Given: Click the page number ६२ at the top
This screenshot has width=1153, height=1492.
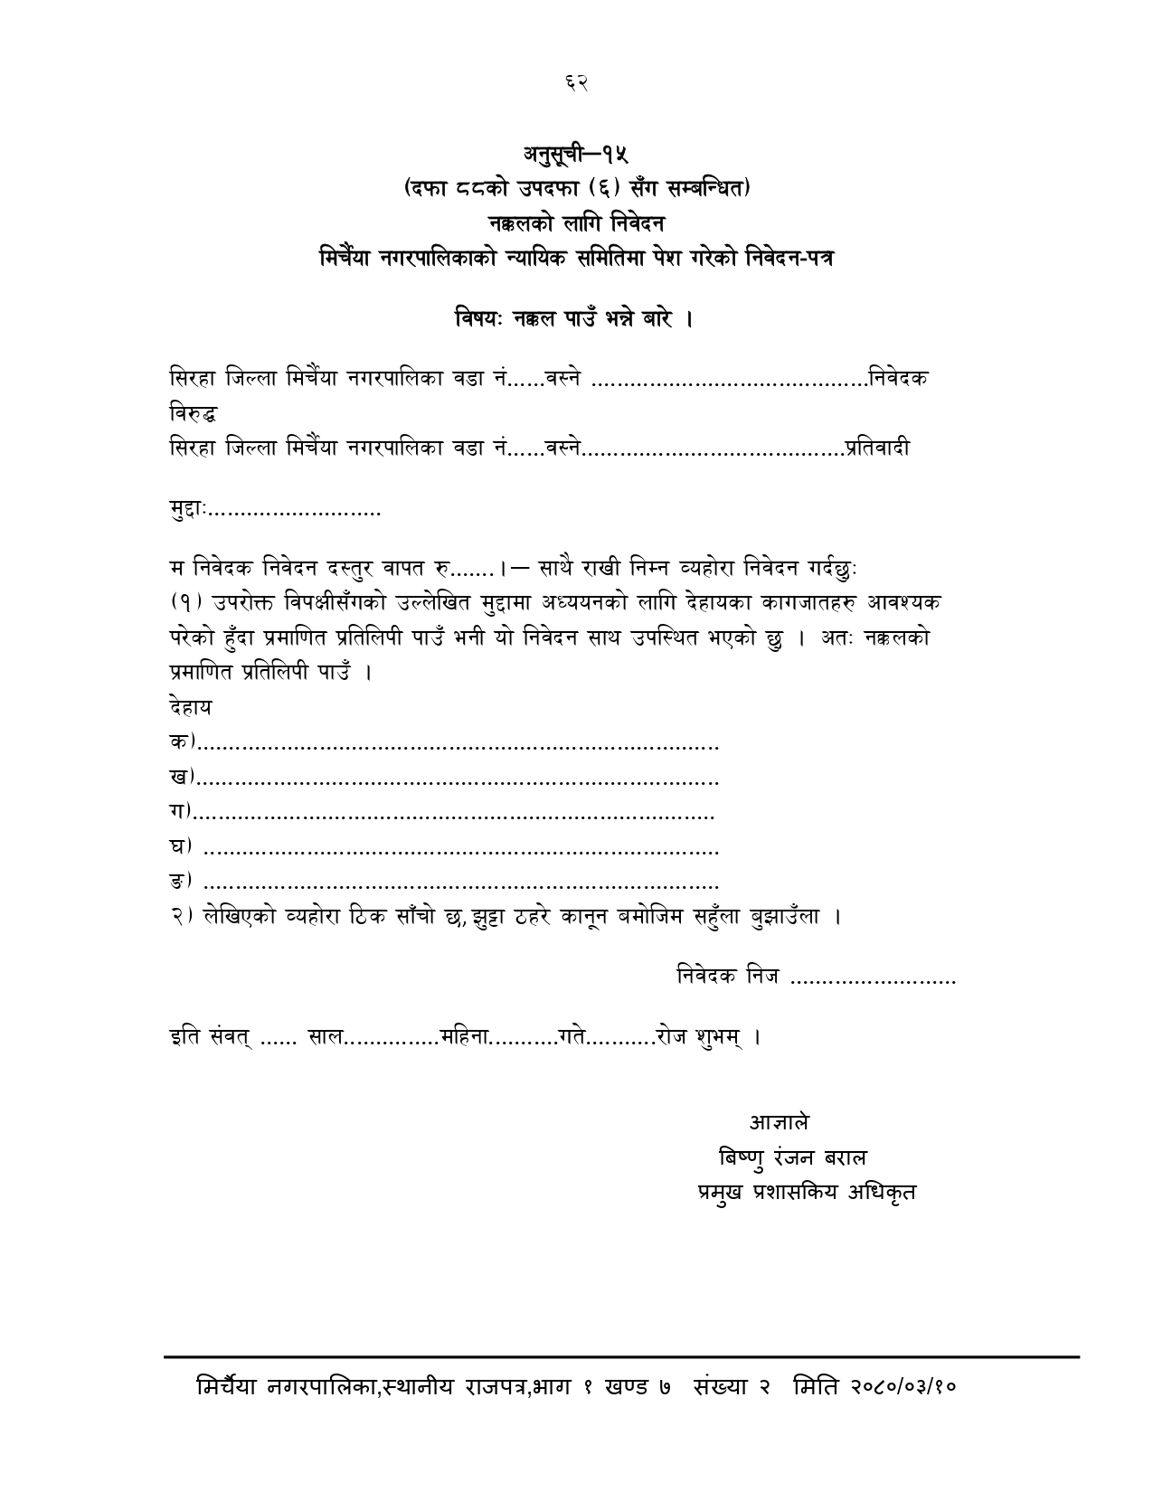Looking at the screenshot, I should [x=576, y=82].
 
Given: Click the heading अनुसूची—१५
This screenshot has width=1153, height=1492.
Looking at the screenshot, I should [x=576, y=155].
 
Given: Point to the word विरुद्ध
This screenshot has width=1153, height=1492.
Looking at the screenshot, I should [x=193, y=414].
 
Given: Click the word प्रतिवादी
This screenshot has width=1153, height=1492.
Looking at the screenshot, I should [x=878, y=447].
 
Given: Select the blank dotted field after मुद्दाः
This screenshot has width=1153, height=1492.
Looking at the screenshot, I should [x=296, y=513].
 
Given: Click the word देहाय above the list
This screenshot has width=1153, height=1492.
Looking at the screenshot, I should [x=190, y=707].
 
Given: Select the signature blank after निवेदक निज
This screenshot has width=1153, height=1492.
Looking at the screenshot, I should [x=873, y=977].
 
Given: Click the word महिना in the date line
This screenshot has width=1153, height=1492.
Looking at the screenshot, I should [x=465, y=1036].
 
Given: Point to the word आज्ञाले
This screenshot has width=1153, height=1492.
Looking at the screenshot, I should [x=779, y=1122].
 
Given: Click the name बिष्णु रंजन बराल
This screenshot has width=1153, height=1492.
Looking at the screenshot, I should [x=792, y=1157].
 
